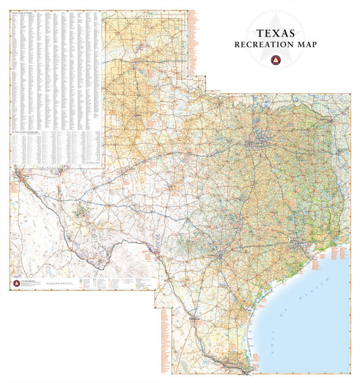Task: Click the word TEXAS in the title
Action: pyautogui.click(x=274, y=32)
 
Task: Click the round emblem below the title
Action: pyautogui.click(x=274, y=60)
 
